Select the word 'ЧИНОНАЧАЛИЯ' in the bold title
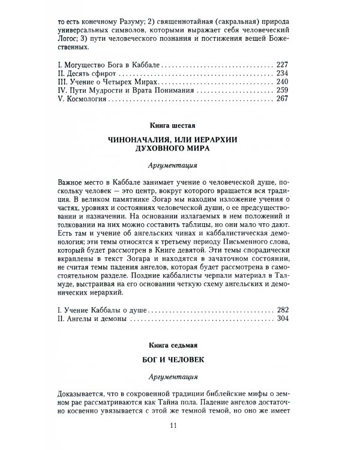[142, 140]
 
